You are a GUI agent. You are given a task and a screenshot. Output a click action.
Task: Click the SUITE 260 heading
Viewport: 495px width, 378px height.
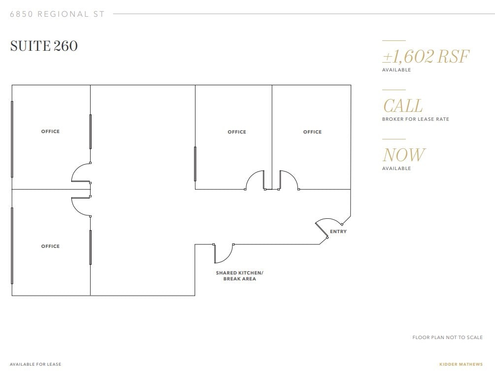tap(44, 46)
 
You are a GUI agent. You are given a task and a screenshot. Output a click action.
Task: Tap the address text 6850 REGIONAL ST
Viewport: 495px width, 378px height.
tap(57, 14)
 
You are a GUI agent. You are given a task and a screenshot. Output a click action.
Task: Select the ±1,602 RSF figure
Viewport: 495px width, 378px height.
tap(426, 57)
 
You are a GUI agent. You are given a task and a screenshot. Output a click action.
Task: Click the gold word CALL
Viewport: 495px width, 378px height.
tap(402, 106)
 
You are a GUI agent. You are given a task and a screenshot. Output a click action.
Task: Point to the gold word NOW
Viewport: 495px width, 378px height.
tap(404, 155)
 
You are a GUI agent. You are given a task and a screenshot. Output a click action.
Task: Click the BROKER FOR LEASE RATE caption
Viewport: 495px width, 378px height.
tap(415, 119)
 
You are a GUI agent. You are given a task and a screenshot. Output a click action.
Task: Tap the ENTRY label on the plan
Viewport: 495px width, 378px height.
tap(338, 232)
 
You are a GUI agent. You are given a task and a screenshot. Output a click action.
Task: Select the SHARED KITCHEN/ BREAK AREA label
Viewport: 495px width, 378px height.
tap(239, 275)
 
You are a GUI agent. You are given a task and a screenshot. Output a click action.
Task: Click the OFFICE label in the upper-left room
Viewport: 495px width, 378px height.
tap(50, 132)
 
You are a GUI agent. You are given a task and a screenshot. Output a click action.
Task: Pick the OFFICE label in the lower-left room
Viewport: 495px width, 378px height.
tap(50, 246)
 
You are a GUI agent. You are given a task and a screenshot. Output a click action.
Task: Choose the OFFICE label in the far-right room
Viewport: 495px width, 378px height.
tap(312, 132)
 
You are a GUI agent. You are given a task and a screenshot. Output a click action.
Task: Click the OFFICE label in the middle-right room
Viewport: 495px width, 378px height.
tap(236, 132)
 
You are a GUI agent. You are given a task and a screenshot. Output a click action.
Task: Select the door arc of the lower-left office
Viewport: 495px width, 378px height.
tap(80, 206)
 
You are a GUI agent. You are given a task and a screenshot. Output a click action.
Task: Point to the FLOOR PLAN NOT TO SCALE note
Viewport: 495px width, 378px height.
tap(447, 338)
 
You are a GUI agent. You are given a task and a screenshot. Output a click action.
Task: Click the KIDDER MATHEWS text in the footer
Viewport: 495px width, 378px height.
tap(461, 365)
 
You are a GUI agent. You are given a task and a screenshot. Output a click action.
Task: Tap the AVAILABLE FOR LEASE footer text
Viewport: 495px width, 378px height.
tap(35, 365)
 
